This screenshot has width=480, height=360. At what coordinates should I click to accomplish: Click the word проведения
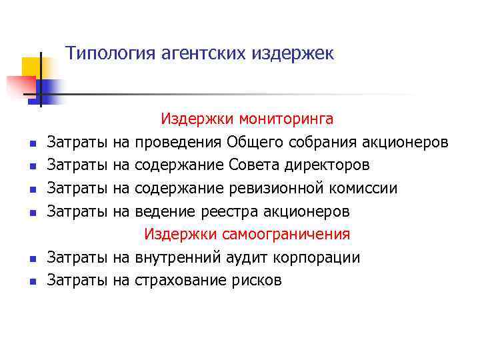(178, 143)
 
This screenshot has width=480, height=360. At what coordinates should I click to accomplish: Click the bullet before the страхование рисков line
(32, 282)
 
